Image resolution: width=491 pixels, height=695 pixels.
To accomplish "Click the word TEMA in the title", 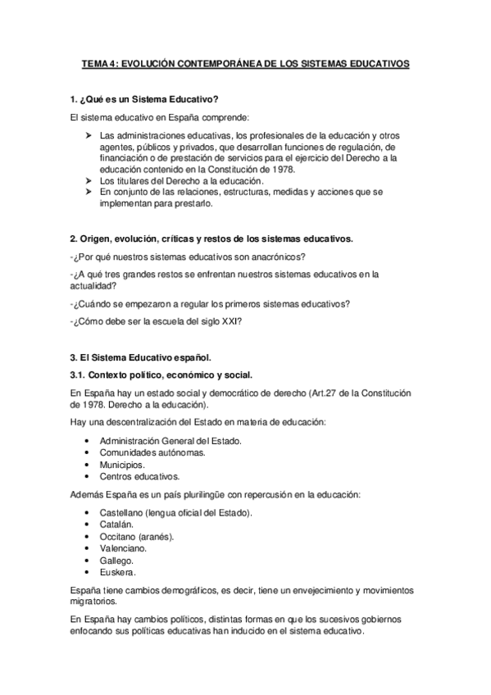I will [95, 62].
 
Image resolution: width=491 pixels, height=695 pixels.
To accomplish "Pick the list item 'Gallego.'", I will [118, 560].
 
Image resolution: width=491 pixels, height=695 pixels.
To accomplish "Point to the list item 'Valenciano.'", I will [123, 548].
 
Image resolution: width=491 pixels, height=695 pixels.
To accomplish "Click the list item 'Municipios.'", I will [123, 464].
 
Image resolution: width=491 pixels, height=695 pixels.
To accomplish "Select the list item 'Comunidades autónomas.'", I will [152, 452].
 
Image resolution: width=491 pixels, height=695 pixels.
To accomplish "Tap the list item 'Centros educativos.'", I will [139, 476].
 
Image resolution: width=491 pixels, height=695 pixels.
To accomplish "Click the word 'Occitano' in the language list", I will [120, 536].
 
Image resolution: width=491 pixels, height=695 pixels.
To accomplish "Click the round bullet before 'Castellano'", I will [88, 513].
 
